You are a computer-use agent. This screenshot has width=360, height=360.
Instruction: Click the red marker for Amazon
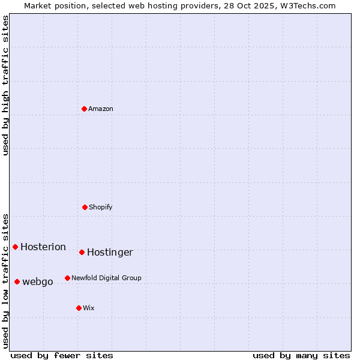click(84, 109)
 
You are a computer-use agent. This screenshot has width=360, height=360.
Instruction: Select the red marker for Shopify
click(85, 207)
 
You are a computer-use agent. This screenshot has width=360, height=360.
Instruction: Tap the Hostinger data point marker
click(82, 252)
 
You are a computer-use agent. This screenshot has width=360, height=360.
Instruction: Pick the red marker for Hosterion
click(15, 247)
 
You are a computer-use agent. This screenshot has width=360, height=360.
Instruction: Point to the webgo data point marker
click(17, 281)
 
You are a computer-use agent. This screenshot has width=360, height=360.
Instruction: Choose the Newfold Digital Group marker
click(67, 278)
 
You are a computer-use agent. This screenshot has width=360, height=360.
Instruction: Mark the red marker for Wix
click(79, 308)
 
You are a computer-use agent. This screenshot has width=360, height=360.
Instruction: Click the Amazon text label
click(101, 109)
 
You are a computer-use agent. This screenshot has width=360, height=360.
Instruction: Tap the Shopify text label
click(101, 207)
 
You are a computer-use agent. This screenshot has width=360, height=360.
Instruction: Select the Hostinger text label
click(110, 253)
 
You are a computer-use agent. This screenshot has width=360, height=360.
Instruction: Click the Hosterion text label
click(43, 247)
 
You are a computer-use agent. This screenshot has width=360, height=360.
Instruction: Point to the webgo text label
click(38, 282)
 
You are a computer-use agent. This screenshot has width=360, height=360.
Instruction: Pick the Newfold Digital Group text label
click(106, 278)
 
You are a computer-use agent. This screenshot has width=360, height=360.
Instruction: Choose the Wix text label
click(89, 308)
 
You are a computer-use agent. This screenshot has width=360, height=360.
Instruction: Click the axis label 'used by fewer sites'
click(62, 355)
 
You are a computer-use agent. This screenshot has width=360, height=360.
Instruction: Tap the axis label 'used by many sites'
click(301, 355)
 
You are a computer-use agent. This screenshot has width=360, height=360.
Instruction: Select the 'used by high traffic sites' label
click(5, 85)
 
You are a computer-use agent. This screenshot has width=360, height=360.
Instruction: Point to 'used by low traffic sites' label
click(5, 281)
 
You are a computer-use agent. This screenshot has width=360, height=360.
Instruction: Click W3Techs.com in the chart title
click(310, 5)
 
